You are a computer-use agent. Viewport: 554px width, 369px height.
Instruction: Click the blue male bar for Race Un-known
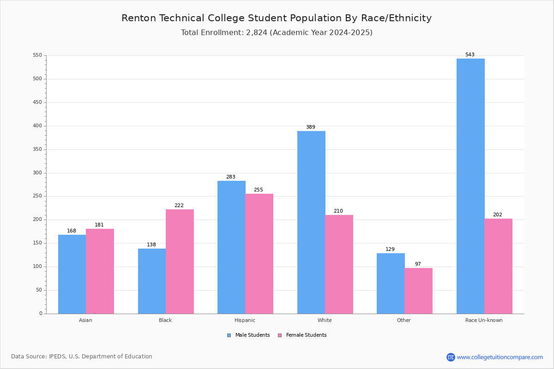point(470,186)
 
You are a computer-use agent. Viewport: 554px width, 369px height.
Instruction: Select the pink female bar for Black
point(180,262)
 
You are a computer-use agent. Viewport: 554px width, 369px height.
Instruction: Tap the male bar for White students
point(311,222)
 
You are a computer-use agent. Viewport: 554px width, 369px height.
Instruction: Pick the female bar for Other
point(418,291)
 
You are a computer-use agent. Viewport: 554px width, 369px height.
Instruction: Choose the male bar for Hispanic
point(231,247)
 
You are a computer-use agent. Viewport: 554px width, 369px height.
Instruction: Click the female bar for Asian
point(100,271)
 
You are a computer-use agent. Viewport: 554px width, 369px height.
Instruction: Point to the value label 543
point(470,54)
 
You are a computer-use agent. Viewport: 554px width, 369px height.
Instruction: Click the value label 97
point(418,264)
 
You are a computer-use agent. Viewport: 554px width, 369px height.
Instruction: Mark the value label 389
point(310,127)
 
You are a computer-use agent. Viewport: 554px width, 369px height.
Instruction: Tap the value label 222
point(179,206)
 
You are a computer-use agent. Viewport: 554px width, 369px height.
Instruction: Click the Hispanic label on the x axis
point(245,320)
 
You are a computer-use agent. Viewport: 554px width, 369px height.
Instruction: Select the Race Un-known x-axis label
point(484,320)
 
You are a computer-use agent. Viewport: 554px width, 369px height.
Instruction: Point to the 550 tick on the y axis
point(37,55)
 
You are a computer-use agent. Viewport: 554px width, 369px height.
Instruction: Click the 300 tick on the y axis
point(37,173)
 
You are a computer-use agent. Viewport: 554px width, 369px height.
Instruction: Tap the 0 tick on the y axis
point(41,314)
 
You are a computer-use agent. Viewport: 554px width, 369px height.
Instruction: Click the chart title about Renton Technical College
point(277,18)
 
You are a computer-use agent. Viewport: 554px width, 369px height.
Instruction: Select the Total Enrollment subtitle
point(277,33)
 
